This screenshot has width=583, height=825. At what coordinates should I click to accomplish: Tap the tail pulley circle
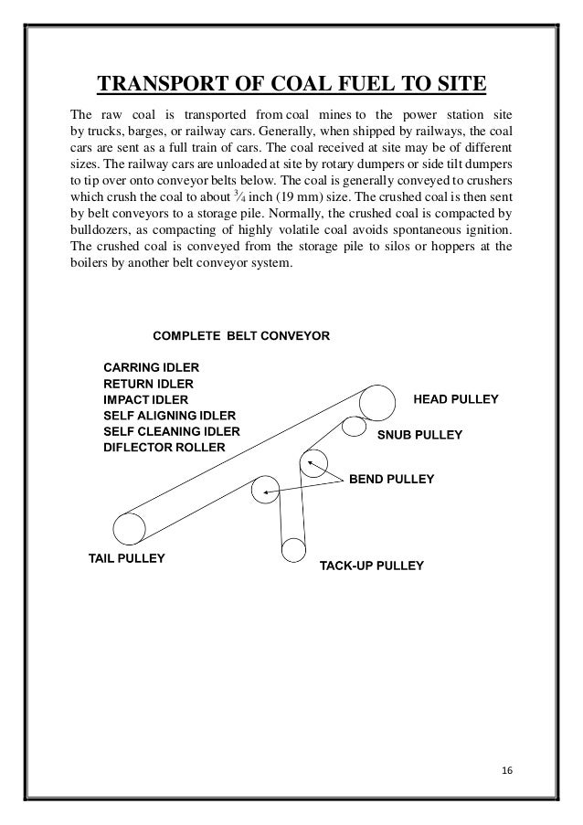coord(129,529)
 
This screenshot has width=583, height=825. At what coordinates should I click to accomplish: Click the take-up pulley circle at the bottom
coord(293,550)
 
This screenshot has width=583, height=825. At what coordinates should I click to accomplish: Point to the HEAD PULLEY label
coord(456,399)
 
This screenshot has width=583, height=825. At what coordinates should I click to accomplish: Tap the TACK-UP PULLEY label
coord(371,566)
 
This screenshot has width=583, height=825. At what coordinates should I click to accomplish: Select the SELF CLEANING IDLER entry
coord(172,431)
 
